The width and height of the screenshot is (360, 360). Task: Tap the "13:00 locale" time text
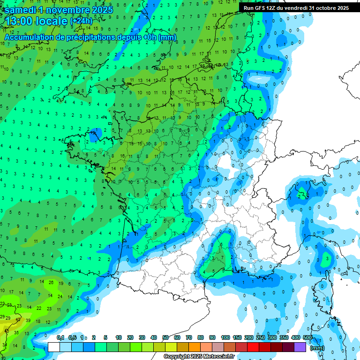pos(37,21)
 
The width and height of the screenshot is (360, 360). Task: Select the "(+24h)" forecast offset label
pos(81,21)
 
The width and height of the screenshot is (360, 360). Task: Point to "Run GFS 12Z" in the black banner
pos(259,8)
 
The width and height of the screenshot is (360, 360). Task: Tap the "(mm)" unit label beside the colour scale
pos(317,348)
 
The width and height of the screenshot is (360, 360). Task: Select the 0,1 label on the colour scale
pos(60,338)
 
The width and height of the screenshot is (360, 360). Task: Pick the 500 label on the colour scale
pos(307,338)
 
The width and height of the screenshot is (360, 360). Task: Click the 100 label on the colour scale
pos(225,338)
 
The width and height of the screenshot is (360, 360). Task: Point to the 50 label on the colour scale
pos(165,338)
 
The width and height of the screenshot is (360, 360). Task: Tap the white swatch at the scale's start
pos(54,347)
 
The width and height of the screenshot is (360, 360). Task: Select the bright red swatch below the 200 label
pos(253,347)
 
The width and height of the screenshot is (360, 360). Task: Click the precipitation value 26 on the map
pos(51,282)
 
